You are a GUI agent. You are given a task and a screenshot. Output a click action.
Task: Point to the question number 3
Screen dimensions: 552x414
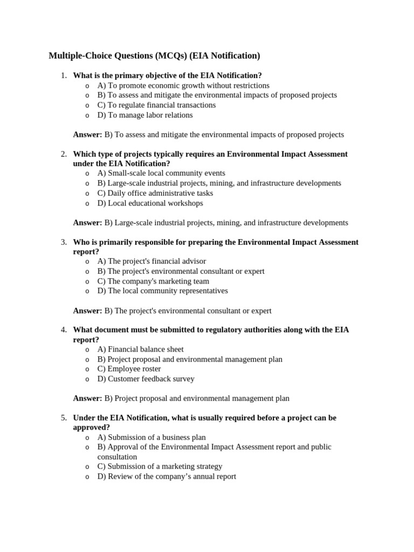[x=64, y=242]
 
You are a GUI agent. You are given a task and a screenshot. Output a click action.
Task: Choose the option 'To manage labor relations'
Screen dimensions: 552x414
[x=144, y=115]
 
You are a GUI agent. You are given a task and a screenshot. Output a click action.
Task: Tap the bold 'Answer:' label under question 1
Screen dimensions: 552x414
[x=87, y=135]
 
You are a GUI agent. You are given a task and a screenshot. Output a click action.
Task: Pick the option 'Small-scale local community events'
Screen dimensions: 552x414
[x=161, y=173]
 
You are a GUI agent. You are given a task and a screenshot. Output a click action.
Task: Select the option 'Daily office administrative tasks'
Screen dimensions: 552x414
[x=155, y=193]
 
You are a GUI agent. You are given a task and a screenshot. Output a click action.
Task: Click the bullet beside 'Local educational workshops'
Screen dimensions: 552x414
[x=87, y=203]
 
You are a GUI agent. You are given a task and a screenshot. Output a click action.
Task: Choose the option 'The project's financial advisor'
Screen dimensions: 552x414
[x=151, y=261]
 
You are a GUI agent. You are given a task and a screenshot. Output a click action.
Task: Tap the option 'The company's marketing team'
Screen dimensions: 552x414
[x=153, y=281]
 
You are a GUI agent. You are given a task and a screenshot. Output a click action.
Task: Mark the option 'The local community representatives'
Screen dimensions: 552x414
[x=162, y=291]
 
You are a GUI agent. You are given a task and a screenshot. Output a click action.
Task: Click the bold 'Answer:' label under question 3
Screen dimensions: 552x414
[x=87, y=310]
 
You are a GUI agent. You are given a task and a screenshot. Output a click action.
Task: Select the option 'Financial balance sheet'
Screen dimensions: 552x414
[x=140, y=349]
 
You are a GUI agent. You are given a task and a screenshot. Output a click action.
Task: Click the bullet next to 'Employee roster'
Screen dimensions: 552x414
[x=87, y=369]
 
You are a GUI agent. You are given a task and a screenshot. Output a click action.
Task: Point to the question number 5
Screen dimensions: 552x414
[x=64, y=418]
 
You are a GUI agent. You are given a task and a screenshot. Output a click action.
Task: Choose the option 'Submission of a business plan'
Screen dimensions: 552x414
[x=151, y=437]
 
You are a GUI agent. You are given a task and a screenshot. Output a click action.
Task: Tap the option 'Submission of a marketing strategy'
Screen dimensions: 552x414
[x=160, y=466]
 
